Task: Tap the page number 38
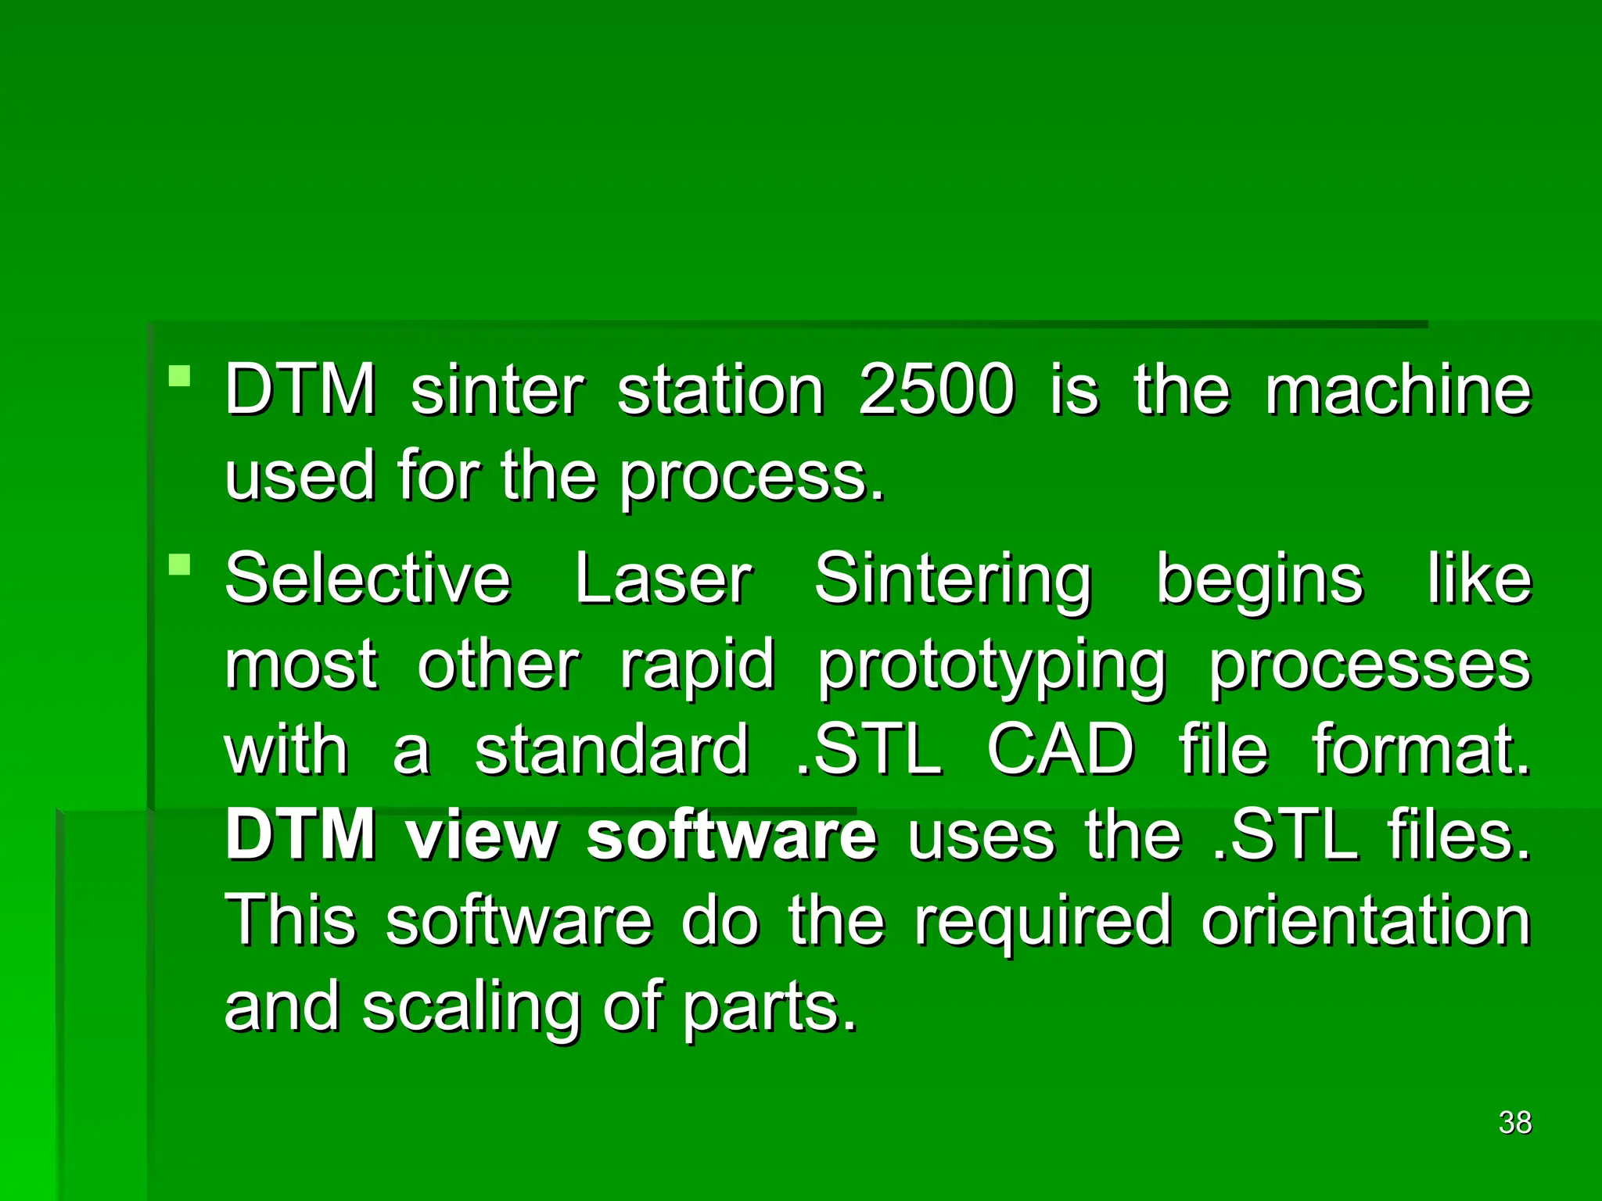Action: [x=1514, y=1123]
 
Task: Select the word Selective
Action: [x=368, y=579]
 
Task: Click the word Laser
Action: [x=663, y=579]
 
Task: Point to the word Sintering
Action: [x=952, y=580]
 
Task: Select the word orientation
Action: [x=1366, y=921]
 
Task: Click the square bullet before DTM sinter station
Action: [x=180, y=377]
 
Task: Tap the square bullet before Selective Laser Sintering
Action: [x=180, y=565]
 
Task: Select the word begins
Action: [x=1259, y=580]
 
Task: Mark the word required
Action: [x=1043, y=923]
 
